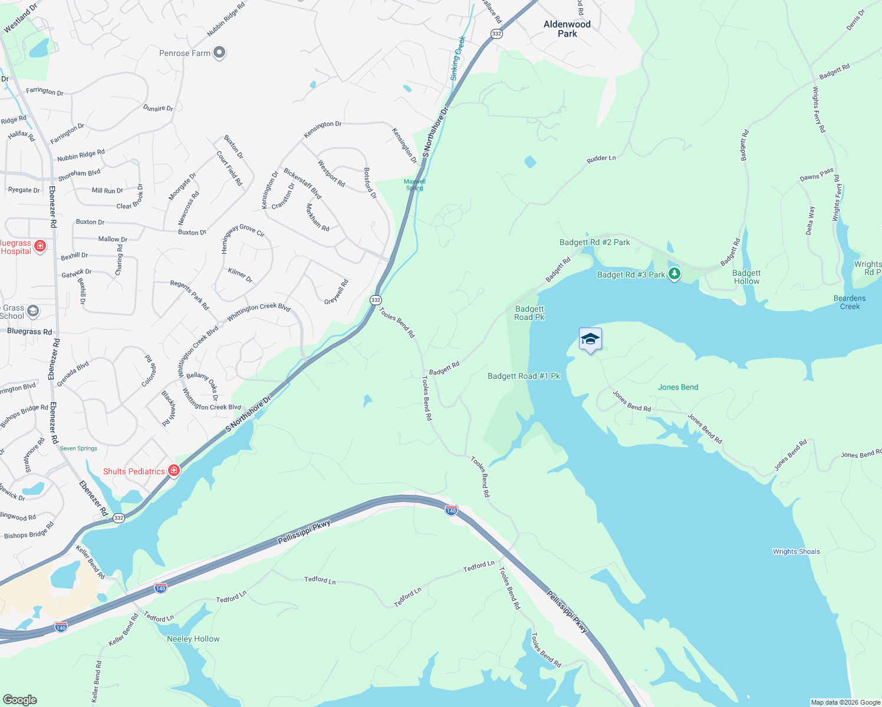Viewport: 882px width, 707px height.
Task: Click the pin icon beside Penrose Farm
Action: pos(219,53)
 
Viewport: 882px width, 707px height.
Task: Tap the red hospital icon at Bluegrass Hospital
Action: pos(40,246)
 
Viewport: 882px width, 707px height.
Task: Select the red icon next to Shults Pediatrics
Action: pos(174,471)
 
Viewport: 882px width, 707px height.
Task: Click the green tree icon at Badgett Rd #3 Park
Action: pos(674,274)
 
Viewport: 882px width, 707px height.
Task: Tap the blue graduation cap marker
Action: pos(590,339)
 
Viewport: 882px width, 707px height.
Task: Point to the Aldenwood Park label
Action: pos(567,29)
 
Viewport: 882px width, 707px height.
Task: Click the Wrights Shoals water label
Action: pos(796,552)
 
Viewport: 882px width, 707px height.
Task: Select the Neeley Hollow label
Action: pos(193,639)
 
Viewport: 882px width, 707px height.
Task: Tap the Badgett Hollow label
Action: pos(746,277)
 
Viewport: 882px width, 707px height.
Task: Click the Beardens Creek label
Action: pos(850,302)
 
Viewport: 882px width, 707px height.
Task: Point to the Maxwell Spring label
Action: pos(414,185)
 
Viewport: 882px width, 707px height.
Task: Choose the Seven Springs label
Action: pos(78,449)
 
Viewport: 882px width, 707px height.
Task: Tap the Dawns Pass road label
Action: pos(817,174)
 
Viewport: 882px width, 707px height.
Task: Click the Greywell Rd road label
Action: pos(337,292)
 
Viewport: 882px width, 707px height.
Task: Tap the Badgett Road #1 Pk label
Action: pos(524,376)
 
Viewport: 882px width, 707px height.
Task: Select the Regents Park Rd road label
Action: pos(190,295)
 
